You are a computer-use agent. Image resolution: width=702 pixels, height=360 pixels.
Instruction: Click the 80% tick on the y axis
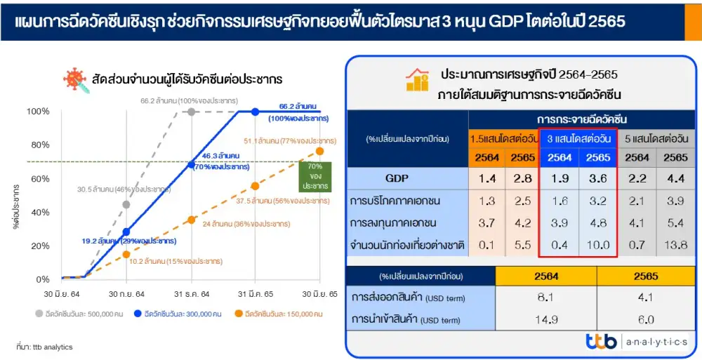tap(40, 145)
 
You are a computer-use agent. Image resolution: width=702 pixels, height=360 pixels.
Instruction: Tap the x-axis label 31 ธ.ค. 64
tap(191, 294)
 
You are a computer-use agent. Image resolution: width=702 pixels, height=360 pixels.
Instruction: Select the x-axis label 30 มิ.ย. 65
tap(319, 294)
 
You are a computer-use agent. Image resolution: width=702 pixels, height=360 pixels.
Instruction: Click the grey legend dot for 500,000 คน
tap(39, 314)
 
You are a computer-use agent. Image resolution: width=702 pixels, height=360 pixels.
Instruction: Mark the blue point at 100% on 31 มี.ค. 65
tap(256, 112)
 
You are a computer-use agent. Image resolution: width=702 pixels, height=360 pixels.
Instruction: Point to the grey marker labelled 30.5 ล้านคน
tap(126, 205)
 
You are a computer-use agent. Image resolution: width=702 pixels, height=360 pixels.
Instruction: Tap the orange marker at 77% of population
tap(319, 152)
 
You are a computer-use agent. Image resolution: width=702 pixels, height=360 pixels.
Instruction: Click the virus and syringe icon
tap(76, 81)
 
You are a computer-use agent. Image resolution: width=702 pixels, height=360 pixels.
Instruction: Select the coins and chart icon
tap(417, 80)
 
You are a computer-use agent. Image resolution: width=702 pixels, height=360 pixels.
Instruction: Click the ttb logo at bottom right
tap(602, 342)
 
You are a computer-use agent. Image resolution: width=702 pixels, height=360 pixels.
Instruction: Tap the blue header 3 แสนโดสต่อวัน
tap(579, 139)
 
